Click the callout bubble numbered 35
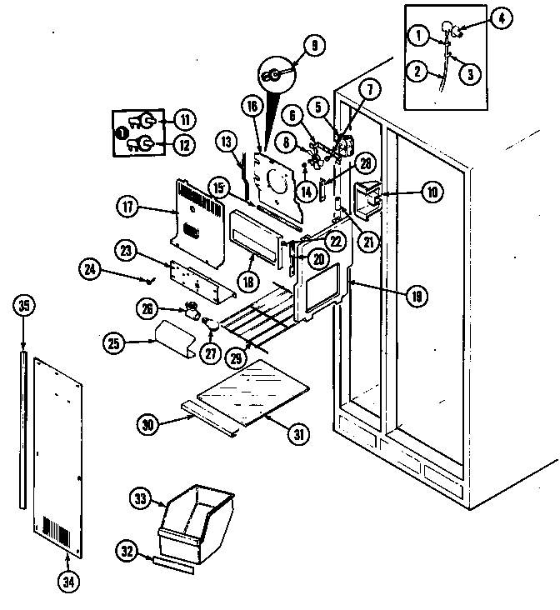(24, 306)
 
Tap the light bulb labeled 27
(210, 322)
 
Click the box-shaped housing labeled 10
(367, 199)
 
